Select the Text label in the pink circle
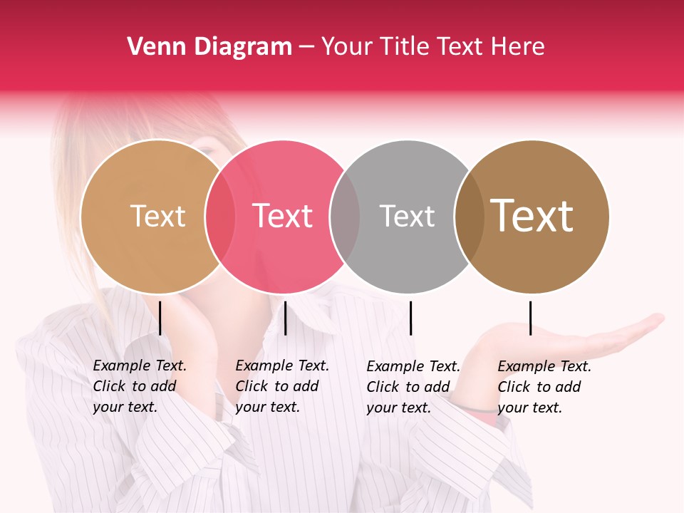(283, 216)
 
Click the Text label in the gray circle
(407, 216)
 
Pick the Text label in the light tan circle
(158, 216)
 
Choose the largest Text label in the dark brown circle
(532, 216)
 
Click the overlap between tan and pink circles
(220, 216)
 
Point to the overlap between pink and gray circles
(345, 216)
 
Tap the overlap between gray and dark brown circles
(469, 216)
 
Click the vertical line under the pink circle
(285, 318)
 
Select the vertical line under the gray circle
(410, 318)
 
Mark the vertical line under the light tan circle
(160, 318)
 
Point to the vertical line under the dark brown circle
(530, 318)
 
